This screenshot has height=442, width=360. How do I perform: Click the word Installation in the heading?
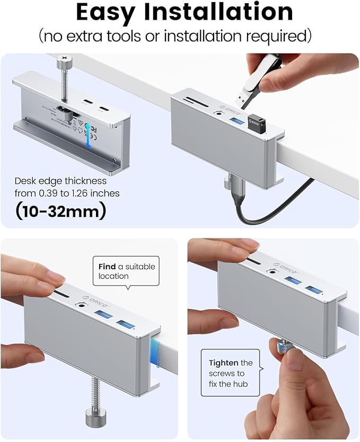tap(226, 13)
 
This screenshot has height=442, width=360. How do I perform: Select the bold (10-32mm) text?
tap(61, 211)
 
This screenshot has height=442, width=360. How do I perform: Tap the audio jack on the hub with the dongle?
tap(216, 111)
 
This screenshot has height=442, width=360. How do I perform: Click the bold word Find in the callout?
tap(107, 266)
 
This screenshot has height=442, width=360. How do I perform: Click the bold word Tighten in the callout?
tap(224, 363)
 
